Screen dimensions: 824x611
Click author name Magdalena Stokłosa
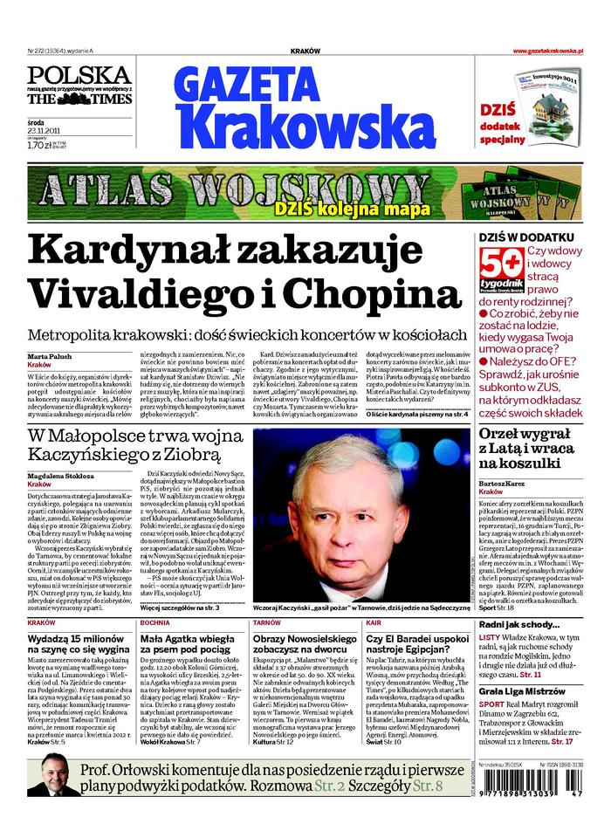click(65, 475)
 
